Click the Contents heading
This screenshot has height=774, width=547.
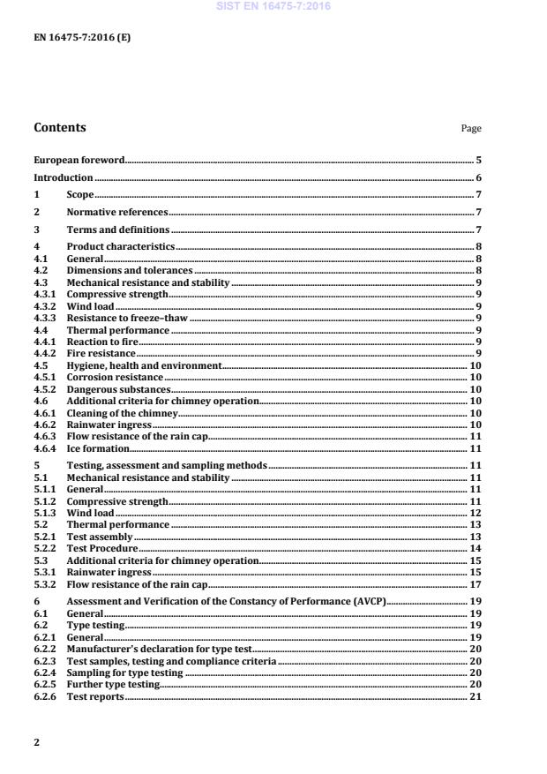60,127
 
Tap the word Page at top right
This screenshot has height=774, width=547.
471,129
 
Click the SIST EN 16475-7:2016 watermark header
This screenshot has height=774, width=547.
273,6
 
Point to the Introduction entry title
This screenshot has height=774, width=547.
64,177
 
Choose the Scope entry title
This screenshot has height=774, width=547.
80,194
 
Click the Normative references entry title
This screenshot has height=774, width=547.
117,212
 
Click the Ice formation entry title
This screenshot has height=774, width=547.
98,448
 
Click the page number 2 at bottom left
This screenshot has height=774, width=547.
36,742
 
